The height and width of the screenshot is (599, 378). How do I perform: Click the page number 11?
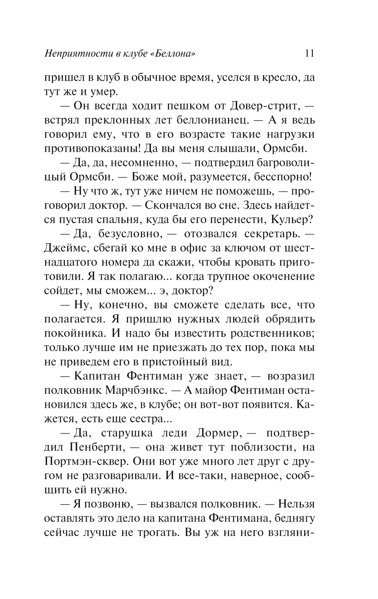309,53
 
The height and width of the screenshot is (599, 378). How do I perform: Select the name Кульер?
291,219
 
